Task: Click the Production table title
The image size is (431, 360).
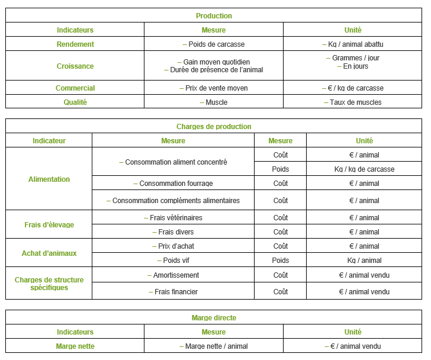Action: pos(214,16)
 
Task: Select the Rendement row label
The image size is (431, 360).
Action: pos(75,44)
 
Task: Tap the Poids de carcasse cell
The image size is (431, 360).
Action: pos(214,44)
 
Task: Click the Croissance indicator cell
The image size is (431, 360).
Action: pos(75,66)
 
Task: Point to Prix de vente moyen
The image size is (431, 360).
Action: pos(214,88)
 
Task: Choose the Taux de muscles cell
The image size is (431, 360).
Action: pos(353,102)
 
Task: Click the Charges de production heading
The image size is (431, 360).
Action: pos(214,127)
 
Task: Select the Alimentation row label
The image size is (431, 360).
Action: pos(49,179)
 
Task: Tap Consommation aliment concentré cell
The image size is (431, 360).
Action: pos(173,162)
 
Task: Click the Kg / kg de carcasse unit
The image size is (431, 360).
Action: pos(364,169)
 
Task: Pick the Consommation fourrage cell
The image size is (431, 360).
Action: pos(173,184)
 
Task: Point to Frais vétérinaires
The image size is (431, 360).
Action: pos(173,218)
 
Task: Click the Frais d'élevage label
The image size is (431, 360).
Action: pos(49,225)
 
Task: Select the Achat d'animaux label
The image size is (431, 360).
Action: pos(49,253)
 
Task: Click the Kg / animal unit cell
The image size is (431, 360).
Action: pos(364,261)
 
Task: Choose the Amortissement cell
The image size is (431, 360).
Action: pos(173,275)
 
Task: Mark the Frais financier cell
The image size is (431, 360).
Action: pos(173,292)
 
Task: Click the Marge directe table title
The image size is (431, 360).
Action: pos(214,318)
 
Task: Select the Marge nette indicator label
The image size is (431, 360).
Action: pos(75,346)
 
